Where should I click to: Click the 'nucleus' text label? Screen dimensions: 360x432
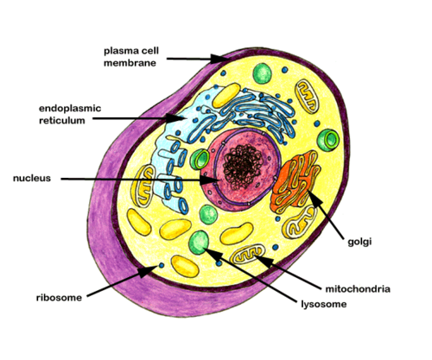pos(32,178)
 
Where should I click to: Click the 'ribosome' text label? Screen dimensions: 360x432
pos(59,297)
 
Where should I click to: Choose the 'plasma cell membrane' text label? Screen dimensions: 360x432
pos(130,57)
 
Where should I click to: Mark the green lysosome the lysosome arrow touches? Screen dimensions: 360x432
pos(200,241)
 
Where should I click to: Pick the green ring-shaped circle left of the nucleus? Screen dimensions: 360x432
pos(200,159)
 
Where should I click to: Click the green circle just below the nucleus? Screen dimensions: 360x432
pos(208,214)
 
